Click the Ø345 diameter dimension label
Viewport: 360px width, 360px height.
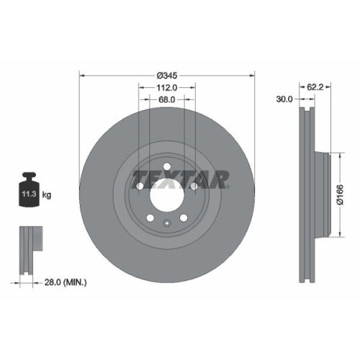[x=167, y=73]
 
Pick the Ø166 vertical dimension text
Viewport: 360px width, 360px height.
[x=339, y=193]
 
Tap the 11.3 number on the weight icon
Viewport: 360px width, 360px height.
[x=28, y=194]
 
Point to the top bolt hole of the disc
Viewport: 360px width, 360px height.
[x=167, y=168]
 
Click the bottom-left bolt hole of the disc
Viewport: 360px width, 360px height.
[x=149, y=218]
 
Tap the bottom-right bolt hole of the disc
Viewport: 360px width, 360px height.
[x=184, y=218]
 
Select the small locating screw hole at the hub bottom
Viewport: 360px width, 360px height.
[x=167, y=222]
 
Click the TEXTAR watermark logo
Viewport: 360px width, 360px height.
[x=181, y=178]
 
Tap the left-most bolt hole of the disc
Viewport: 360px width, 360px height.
[x=139, y=186]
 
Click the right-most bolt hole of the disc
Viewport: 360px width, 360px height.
[x=194, y=186]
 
